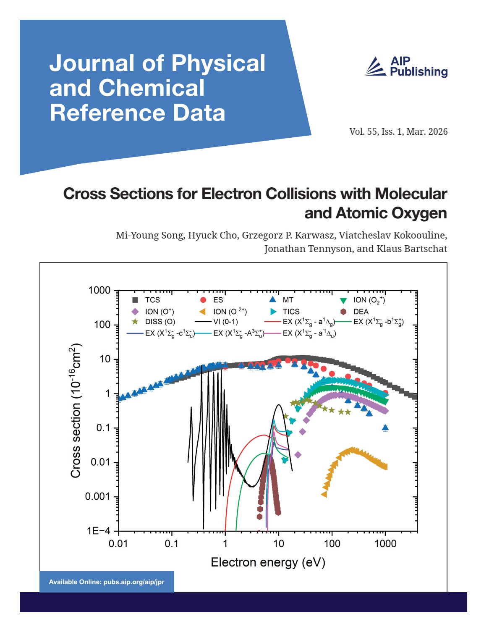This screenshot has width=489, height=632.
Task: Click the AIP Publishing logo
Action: (x=406, y=67)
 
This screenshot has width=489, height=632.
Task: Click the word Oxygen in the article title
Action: (x=418, y=213)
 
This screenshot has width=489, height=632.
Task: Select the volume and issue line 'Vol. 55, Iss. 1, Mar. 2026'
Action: (x=398, y=132)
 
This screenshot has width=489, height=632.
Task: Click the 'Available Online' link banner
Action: (x=107, y=582)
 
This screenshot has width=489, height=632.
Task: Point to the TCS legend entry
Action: (x=146, y=300)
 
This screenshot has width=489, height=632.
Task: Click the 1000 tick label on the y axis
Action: (x=99, y=290)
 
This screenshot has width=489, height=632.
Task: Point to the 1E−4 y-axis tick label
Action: (x=98, y=531)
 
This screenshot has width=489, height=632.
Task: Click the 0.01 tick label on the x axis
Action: (x=118, y=544)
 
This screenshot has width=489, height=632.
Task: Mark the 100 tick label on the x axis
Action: (x=332, y=544)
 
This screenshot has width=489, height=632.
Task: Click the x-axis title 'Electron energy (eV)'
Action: (x=268, y=562)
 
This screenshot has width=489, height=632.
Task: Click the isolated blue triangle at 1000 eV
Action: (x=385, y=428)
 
